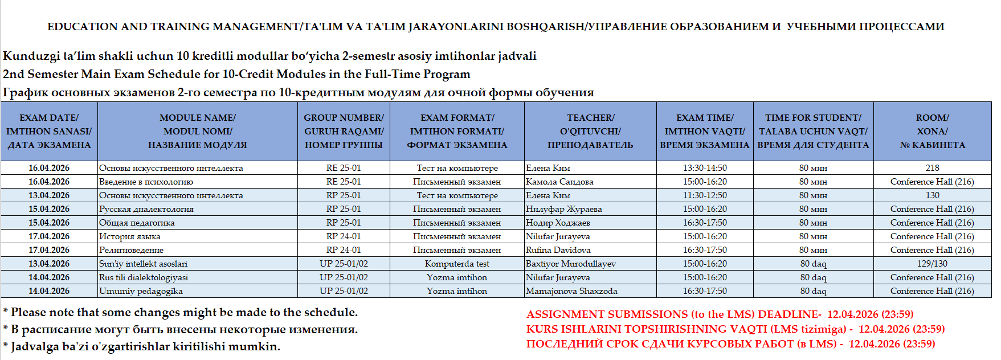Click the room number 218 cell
[x=932, y=168]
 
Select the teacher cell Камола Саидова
[x=559, y=182]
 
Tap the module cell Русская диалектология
[x=146, y=209]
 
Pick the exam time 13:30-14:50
[x=705, y=168]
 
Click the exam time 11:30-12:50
[x=705, y=195]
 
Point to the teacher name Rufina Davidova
[x=558, y=250]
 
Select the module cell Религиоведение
[x=131, y=250]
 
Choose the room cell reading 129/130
[x=932, y=264]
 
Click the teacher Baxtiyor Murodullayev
[x=570, y=264]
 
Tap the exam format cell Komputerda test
[x=457, y=264]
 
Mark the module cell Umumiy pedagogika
[x=141, y=291]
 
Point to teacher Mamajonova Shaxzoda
[x=571, y=291]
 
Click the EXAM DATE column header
[x=49, y=131]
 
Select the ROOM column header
[x=932, y=131]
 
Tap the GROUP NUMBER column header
[x=344, y=131]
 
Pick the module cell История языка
[x=130, y=236]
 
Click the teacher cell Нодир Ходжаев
[x=558, y=223]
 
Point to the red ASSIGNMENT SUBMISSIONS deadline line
[x=720, y=314]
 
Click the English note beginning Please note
[x=181, y=312]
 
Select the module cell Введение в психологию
[x=146, y=182]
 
